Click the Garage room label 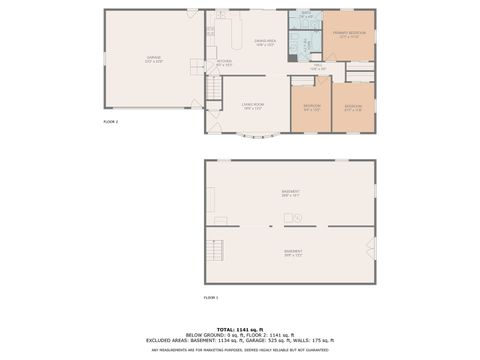(x=153, y=59)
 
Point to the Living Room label (x=251, y=106)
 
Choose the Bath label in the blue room (x=306, y=16)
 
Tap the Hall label (x=317, y=68)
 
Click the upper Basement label (x=290, y=192)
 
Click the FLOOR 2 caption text (x=111, y=121)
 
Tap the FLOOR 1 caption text (x=210, y=297)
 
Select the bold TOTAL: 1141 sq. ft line (x=239, y=329)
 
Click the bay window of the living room (x=253, y=136)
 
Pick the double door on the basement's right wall (x=372, y=247)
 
